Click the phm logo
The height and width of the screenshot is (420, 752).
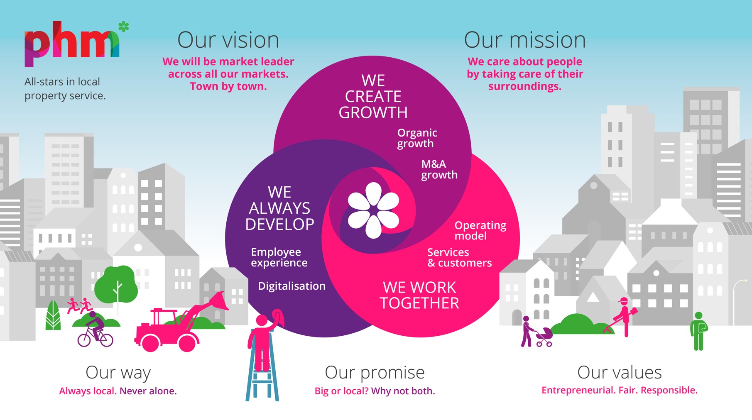(x=71, y=45)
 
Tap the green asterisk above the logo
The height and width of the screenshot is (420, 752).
(x=123, y=27)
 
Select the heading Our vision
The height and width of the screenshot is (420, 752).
(x=228, y=40)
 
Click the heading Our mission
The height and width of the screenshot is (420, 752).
(x=524, y=40)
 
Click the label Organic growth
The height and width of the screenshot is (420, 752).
(x=417, y=138)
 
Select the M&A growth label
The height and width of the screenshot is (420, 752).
(x=439, y=169)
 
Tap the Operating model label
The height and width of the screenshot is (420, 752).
(x=480, y=230)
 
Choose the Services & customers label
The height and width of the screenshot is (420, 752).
(x=459, y=258)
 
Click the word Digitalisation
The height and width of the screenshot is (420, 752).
(x=291, y=286)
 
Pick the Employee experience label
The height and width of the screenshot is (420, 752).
(x=279, y=257)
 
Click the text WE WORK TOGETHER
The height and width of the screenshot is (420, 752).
(x=419, y=295)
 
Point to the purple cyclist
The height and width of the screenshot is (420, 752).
(x=95, y=330)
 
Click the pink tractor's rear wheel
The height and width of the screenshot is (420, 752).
(x=187, y=342)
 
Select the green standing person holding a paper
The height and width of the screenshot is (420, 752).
(x=698, y=331)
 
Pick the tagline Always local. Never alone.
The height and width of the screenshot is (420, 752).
(x=118, y=391)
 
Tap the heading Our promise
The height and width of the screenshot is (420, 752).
(x=375, y=373)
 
